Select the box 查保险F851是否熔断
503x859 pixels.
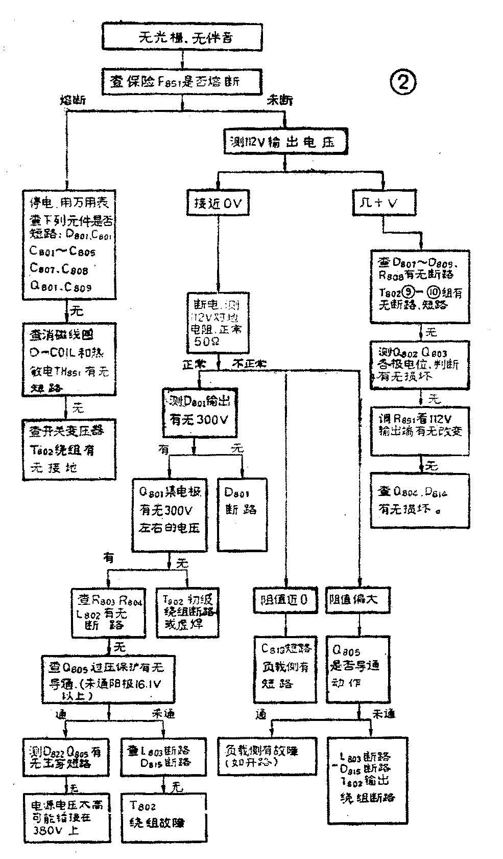(182, 81)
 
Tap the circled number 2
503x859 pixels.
(403, 82)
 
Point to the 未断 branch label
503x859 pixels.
(280, 100)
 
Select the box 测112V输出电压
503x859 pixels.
(285, 142)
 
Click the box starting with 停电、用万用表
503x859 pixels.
(69, 244)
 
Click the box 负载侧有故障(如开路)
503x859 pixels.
(267, 756)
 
